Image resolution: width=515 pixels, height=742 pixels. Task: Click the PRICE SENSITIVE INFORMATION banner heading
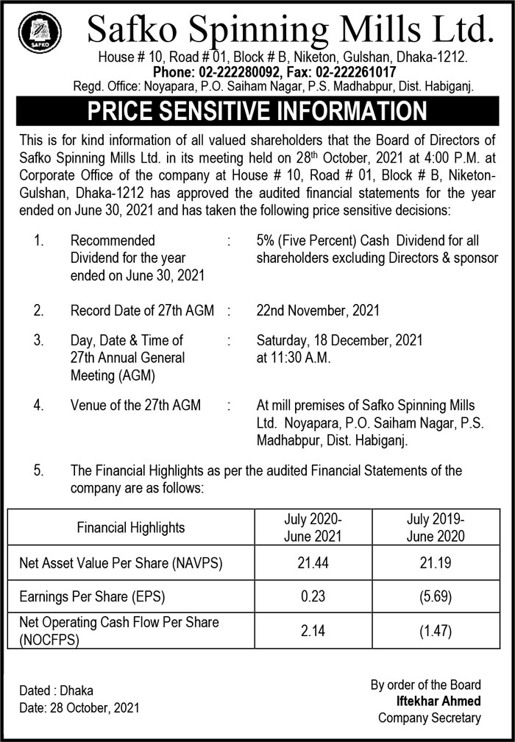pos(257,111)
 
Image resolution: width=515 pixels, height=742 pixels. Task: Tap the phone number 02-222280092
pos(244,71)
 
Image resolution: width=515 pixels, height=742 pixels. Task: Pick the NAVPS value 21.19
pos(436,565)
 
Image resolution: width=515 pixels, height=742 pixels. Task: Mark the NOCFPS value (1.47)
pos(436,631)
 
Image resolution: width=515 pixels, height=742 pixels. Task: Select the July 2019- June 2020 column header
pos(436,527)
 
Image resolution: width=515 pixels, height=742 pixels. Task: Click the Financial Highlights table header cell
pos(131,527)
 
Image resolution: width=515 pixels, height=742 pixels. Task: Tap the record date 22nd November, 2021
pos(318,311)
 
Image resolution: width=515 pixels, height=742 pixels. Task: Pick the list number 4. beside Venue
pos(38,406)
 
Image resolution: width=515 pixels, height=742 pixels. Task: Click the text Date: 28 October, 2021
pos(79,708)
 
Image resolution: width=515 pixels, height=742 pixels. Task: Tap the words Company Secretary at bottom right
pos(429,718)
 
